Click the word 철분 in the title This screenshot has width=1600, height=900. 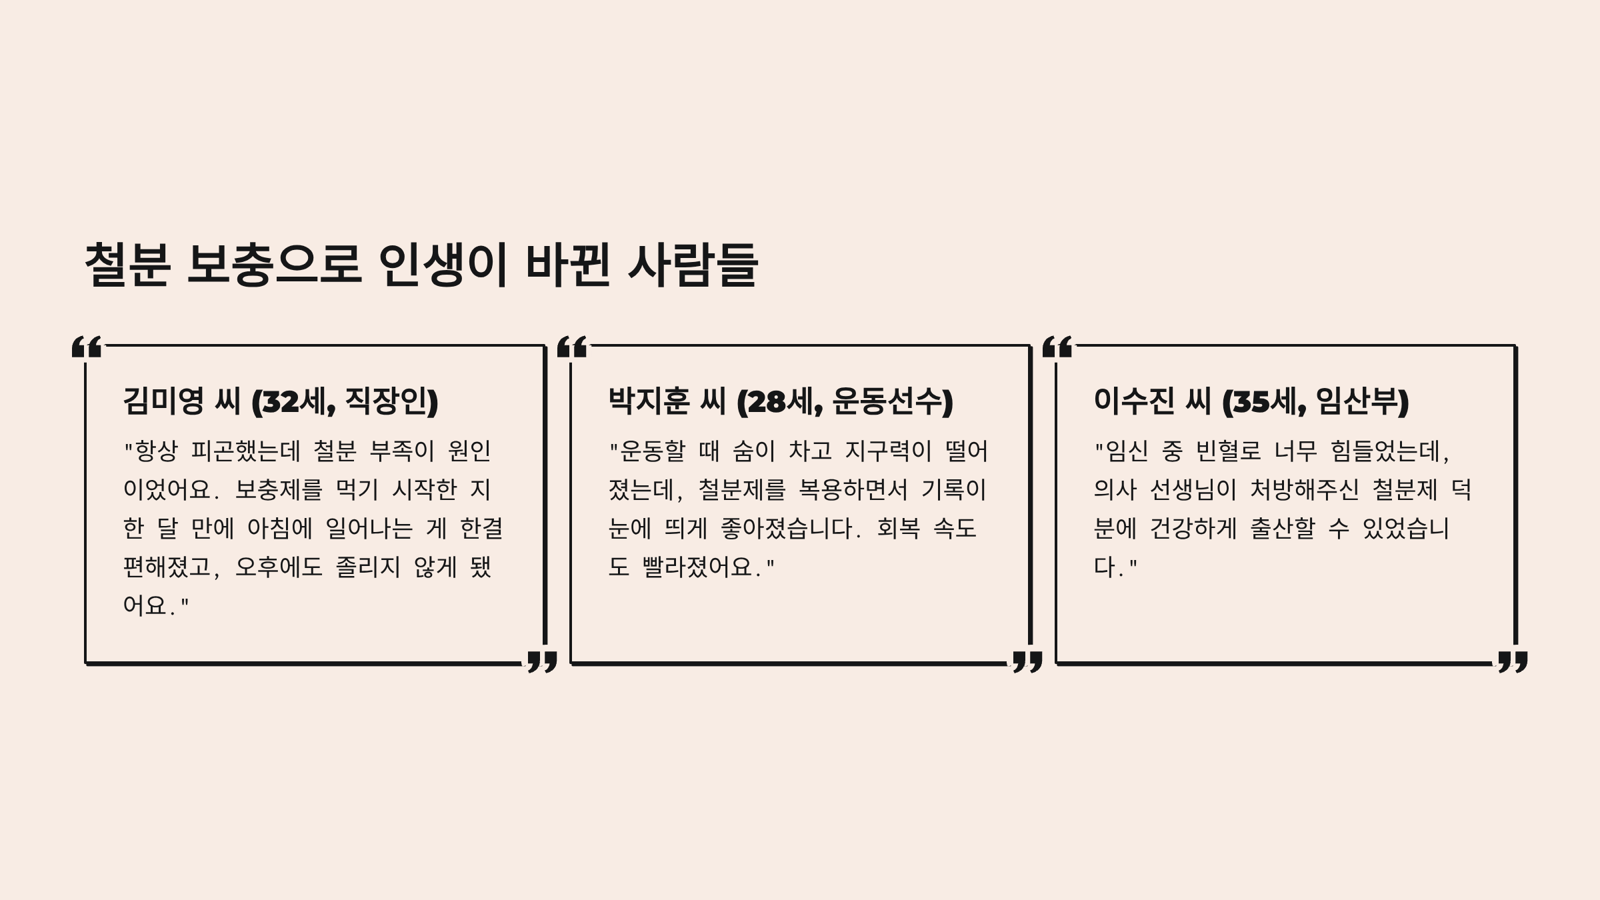(x=127, y=265)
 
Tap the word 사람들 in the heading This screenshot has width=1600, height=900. (x=693, y=265)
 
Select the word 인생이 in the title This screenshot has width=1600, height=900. (x=443, y=265)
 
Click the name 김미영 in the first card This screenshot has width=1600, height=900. (x=163, y=401)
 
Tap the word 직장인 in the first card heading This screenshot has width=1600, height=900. (x=387, y=401)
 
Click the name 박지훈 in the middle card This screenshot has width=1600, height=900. (x=649, y=401)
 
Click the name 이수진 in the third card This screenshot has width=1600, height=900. (x=1134, y=401)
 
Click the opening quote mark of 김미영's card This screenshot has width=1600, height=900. (x=87, y=347)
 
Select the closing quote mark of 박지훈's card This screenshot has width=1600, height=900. (x=1027, y=662)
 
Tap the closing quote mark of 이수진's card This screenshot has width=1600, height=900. (x=1513, y=662)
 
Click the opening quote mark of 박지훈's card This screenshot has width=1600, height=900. (x=572, y=347)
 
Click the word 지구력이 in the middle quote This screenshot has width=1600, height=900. (x=889, y=451)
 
